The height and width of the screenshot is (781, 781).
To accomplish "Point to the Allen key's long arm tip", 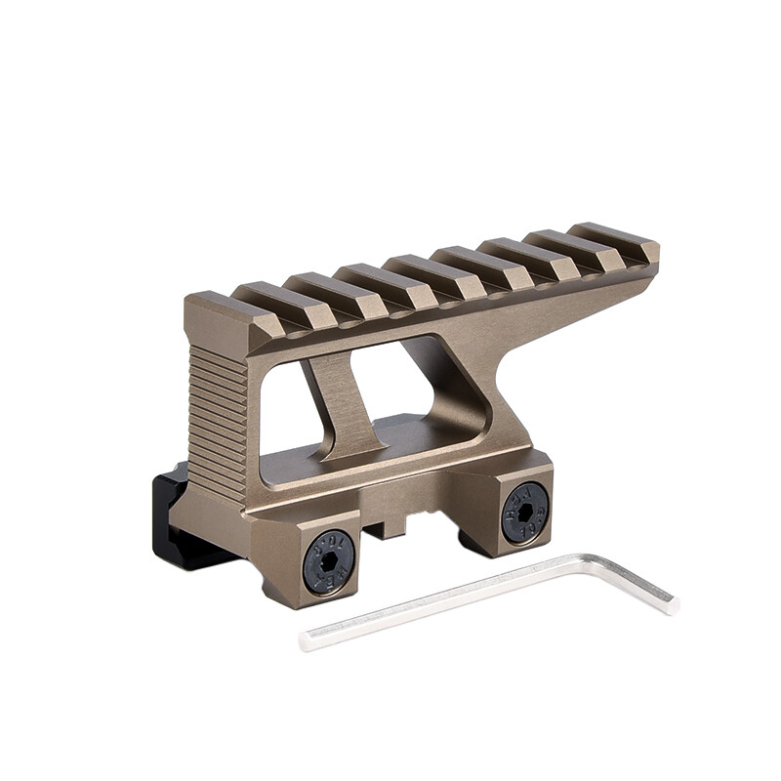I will tap(308, 640).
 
